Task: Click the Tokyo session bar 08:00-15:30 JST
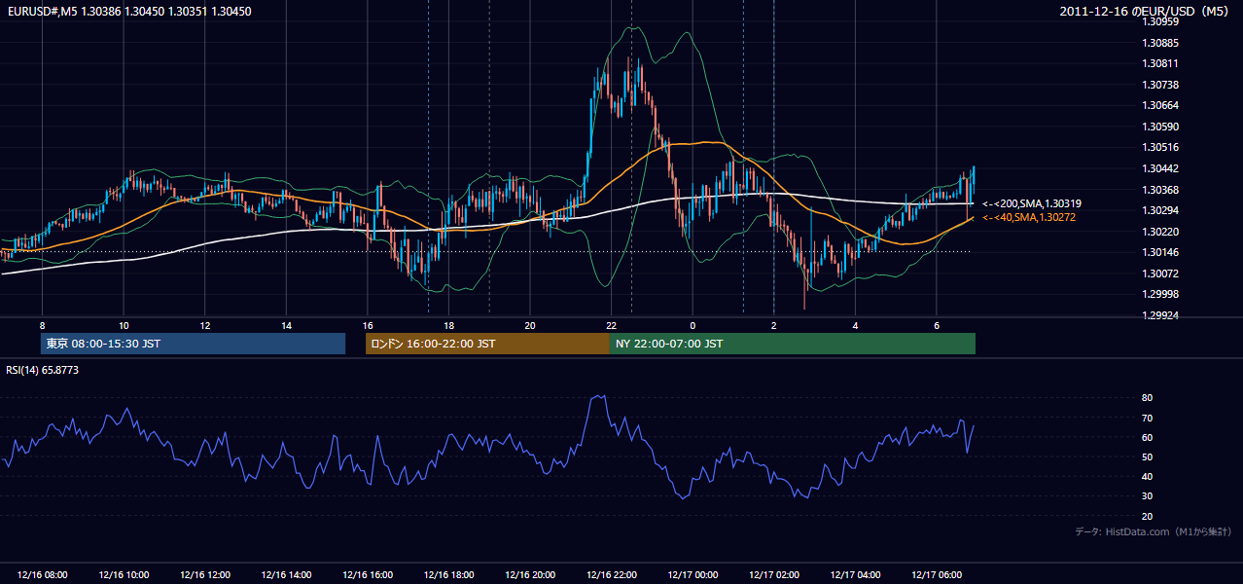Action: click(x=194, y=344)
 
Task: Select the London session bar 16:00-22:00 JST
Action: click(x=487, y=344)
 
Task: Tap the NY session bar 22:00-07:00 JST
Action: click(x=793, y=344)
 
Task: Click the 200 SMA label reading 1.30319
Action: click(x=1032, y=203)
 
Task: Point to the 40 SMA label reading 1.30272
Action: click(x=1029, y=218)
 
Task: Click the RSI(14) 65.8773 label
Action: click(x=42, y=370)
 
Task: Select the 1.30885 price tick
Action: click(x=1160, y=43)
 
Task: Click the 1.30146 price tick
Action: click(x=1160, y=252)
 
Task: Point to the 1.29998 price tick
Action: click(x=1160, y=294)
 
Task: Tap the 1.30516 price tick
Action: click(x=1160, y=147)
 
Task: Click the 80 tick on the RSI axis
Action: click(x=1147, y=397)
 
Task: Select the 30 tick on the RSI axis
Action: click(x=1147, y=495)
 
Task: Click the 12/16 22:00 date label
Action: click(x=612, y=575)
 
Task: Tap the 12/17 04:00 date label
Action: click(x=855, y=575)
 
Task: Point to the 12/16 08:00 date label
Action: click(x=42, y=575)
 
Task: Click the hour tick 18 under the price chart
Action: click(x=448, y=326)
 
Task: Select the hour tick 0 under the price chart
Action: click(x=693, y=326)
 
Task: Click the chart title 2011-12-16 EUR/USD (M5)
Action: click(x=1143, y=11)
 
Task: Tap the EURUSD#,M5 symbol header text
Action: click(x=43, y=11)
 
